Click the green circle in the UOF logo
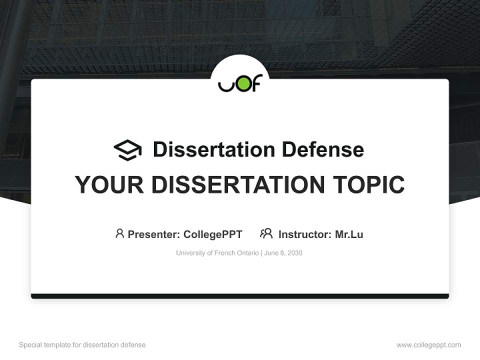pyautogui.click(x=241, y=83)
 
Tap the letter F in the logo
pyautogui.click(x=255, y=83)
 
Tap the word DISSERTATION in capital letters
pyautogui.click(x=238, y=185)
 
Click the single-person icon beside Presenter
pyautogui.click(x=119, y=233)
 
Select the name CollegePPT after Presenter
pyautogui.click(x=212, y=234)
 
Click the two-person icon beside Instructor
pyautogui.click(x=266, y=233)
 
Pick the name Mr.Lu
pyautogui.click(x=349, y=234)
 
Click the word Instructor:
pyautogui.click(x=304, y=234)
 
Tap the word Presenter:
pyautogui.click(x=154, y=234)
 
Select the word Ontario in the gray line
pyautogui.click(x=244, y=253)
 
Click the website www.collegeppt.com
pyautogui.click(x=428, y=345)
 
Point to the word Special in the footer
pyautogui.click(x=30, y=345)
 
